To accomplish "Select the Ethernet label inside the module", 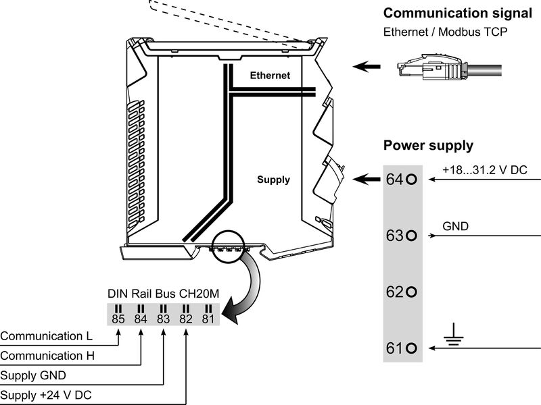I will tap(270, 76).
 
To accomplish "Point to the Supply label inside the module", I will tap(273, 180).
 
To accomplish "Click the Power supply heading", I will tap(428, 145).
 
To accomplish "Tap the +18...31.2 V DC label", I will tap(484, 170).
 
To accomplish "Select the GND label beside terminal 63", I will tap(455, 226).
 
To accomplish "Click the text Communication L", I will tap(47, 335).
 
